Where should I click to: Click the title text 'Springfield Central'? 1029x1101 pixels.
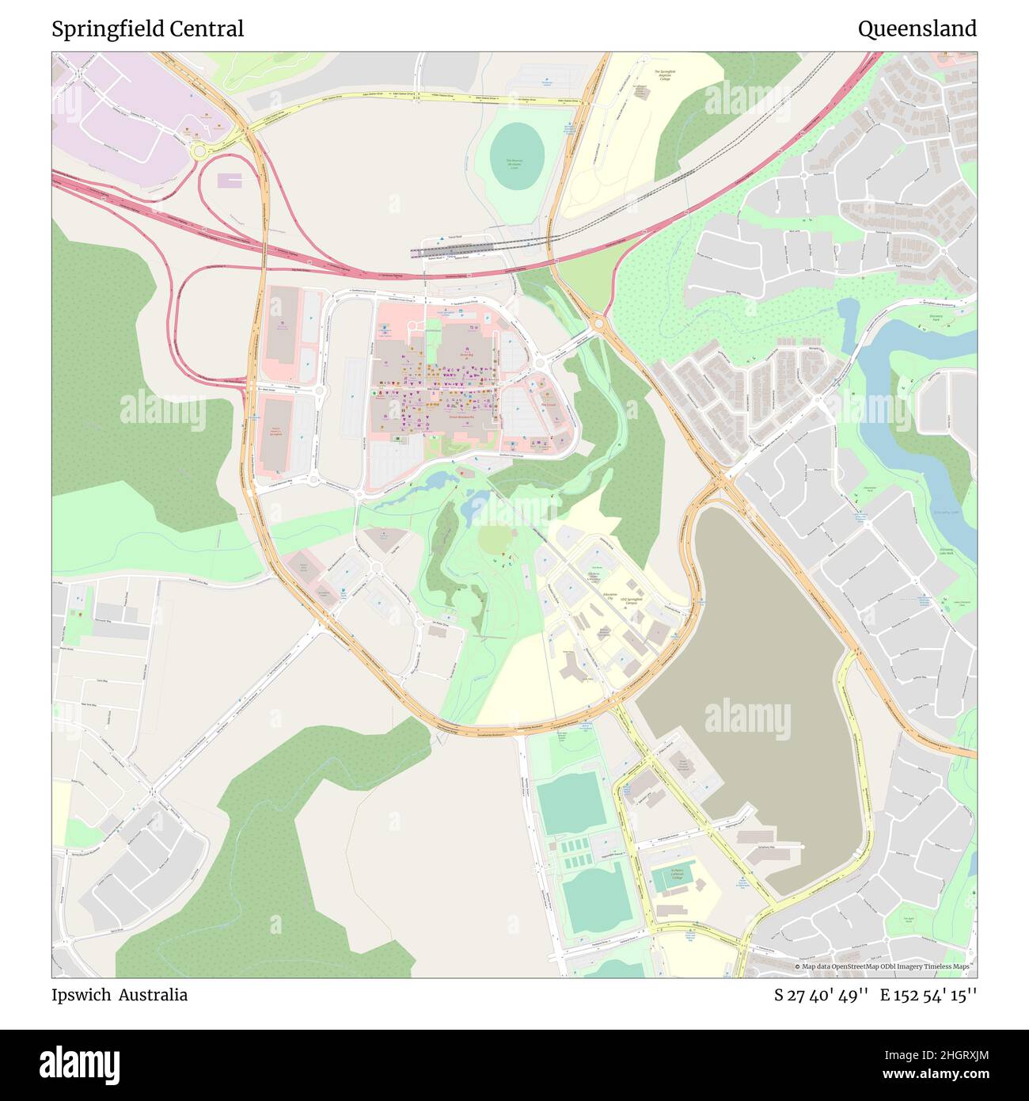pos(147,29)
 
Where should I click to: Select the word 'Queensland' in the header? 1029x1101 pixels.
pos(917,29)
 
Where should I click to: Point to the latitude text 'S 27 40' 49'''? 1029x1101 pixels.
pos(822,995)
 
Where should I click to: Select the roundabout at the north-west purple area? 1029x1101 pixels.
pos(199,150)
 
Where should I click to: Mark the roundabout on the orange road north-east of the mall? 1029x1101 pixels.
pos(598,322)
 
